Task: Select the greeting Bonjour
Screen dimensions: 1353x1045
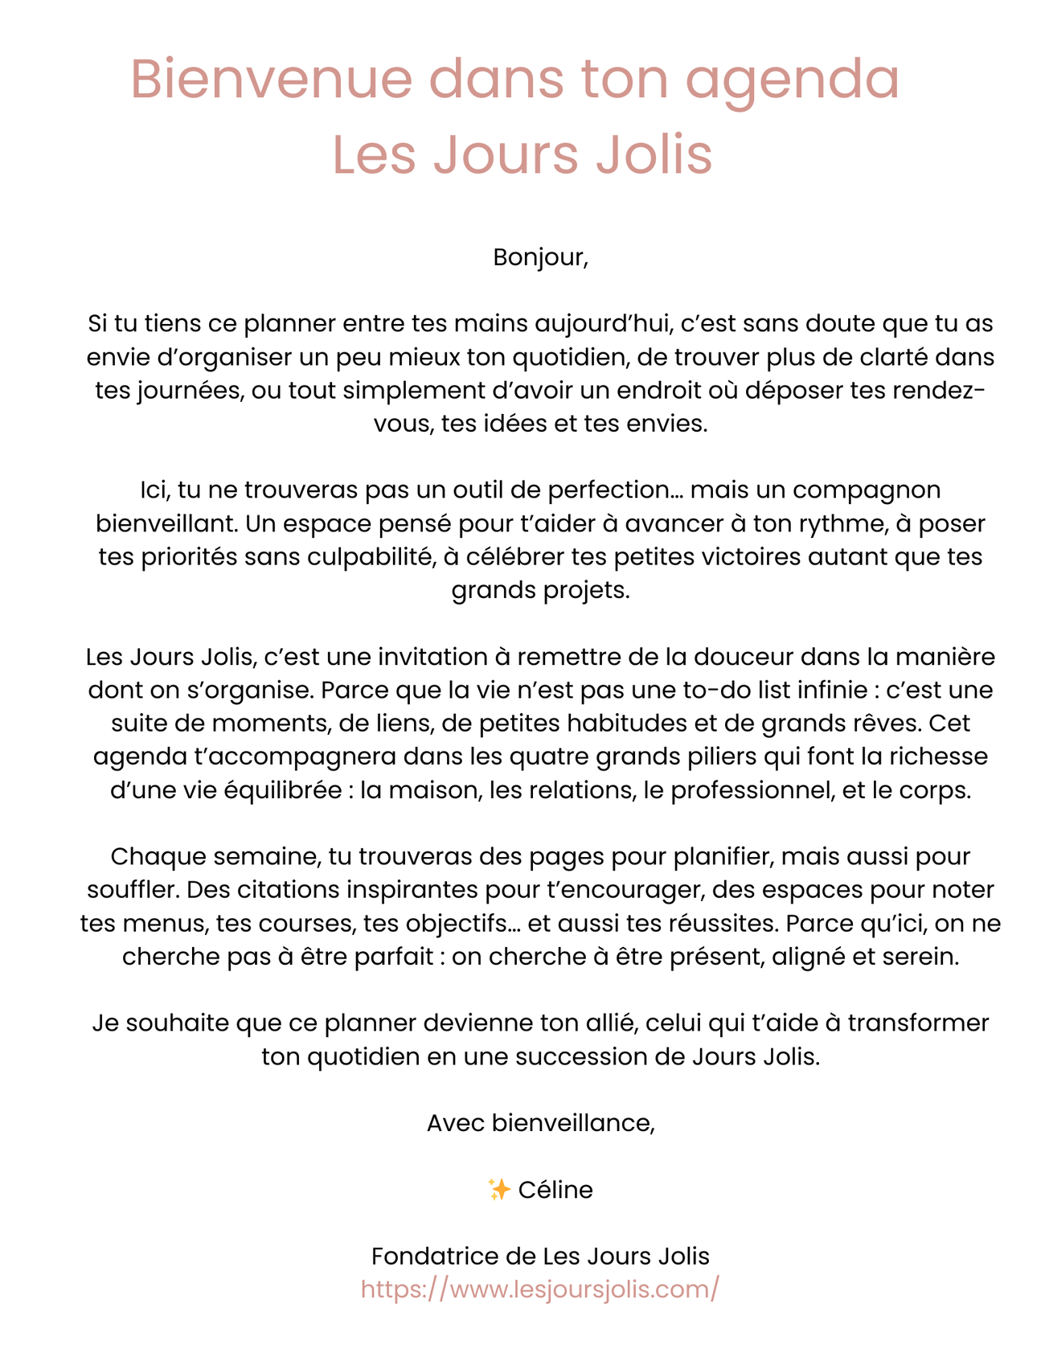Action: click(539, 258)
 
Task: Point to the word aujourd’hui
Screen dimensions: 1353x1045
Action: click(603, 324)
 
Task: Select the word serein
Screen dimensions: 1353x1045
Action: click(918, 957)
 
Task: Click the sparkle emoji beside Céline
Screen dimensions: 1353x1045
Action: click(498, 1190)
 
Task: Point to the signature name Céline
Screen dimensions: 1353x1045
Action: click(555, 1190)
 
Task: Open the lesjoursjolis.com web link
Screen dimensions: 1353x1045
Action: click(539, 1289)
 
